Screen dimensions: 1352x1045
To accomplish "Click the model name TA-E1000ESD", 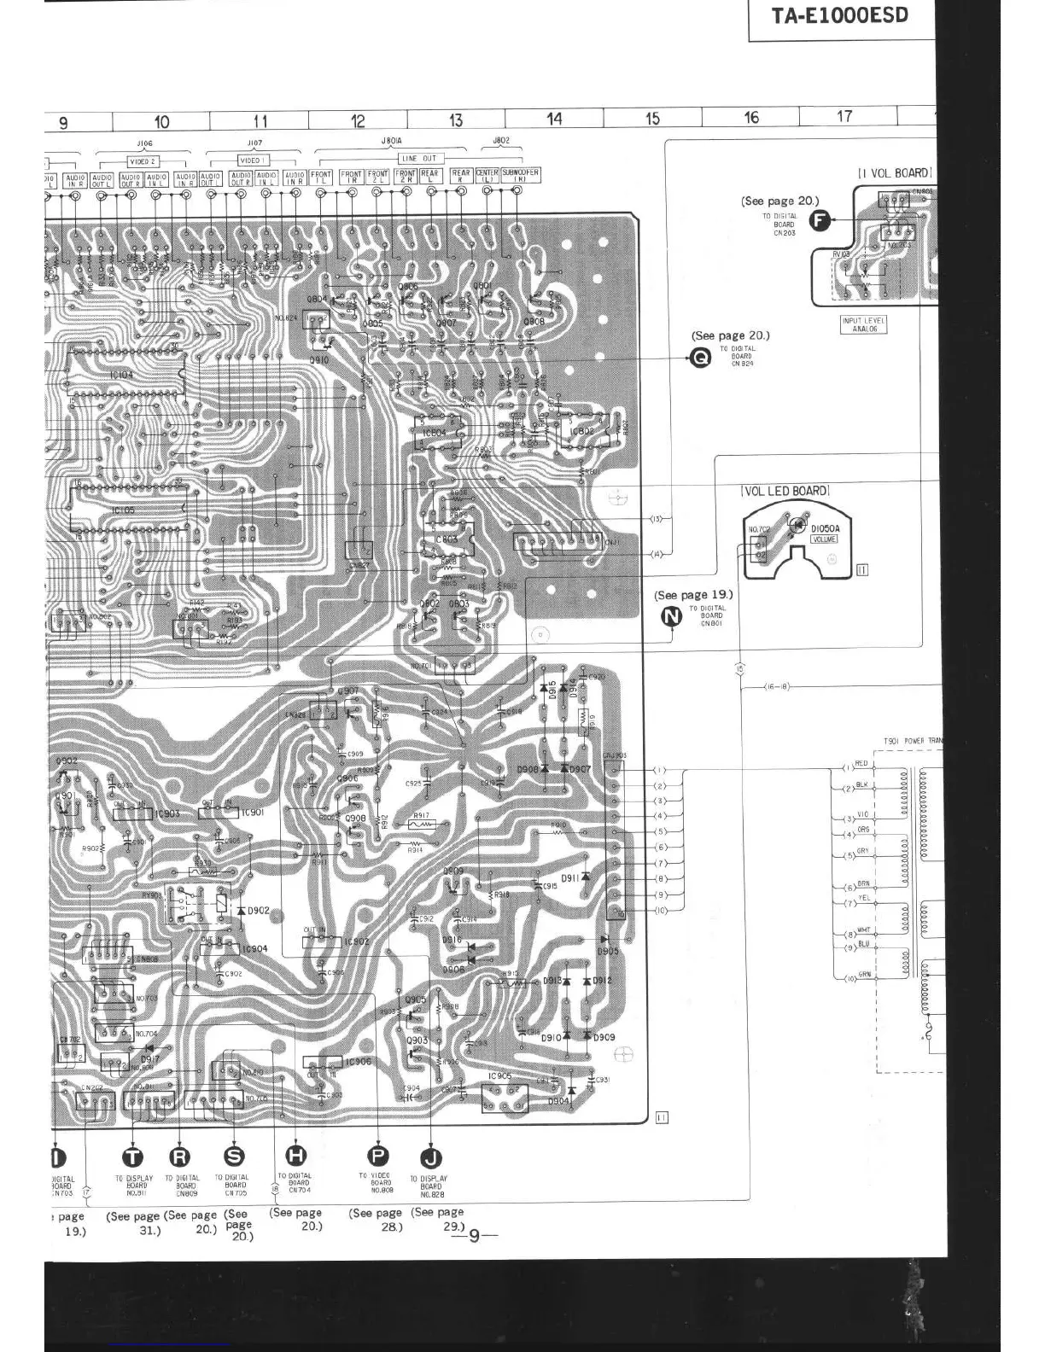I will click(840, 16).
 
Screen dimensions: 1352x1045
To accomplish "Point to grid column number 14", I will click(554, 119).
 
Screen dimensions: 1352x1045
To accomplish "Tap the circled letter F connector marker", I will click(820, 221).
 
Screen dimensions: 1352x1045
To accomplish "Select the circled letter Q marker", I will click(699, 358).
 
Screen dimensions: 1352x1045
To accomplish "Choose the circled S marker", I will click(234, 1157).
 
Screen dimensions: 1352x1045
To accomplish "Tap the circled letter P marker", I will click(377, 1156).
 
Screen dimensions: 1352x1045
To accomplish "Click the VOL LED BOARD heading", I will click(785, 491).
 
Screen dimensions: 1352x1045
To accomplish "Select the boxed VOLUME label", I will click(824, 539).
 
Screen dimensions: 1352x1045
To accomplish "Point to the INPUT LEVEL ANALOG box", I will click(863, 324).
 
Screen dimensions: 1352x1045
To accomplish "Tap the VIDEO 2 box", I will click(142, 160).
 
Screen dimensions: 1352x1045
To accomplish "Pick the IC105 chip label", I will click(123, 510).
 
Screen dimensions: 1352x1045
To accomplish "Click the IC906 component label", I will click(358, 1062).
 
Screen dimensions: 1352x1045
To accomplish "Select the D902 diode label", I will click(258, 911).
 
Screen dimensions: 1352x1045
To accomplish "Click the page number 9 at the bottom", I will click(475, 1234).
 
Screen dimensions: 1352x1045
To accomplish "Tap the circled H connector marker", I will click(299, 1156).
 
